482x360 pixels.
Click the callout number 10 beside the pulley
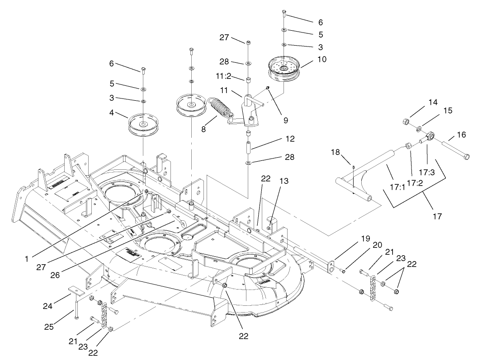point(309,59)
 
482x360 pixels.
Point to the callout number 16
point(461,135)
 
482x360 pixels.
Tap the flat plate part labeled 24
point(75,290)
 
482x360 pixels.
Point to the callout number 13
point(284,181)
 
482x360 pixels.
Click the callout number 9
point(285,120)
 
